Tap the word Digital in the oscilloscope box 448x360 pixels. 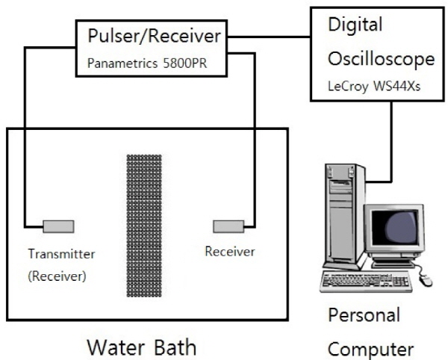point(354,25)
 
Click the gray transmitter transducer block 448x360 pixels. point(57,225)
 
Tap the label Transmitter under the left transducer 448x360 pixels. point(61,253)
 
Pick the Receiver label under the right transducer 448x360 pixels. point(229,252)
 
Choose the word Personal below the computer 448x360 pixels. point(364,314)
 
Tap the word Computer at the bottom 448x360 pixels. point(371,348)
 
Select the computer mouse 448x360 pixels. point(426,280)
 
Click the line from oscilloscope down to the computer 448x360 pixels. point(393,142)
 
